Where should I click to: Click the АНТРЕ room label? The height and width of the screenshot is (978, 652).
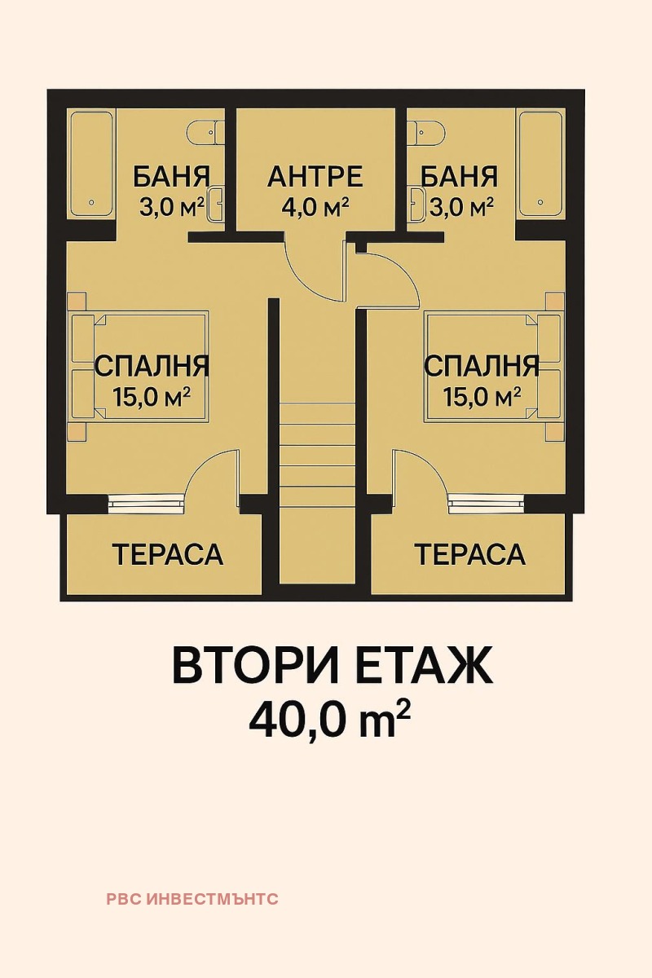[x=315, y=175]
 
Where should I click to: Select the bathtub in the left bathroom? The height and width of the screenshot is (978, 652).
[x=92, y=163]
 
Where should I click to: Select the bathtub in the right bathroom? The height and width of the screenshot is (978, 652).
[x=541, y=163]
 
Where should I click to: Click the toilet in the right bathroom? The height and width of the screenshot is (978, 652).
[x=427, y=130]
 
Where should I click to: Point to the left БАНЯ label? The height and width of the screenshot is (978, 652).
[x=171, y=176]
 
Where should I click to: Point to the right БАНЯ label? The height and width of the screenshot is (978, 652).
[x=460, y=176]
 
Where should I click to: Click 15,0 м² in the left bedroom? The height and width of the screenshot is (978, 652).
[x=152, y=397]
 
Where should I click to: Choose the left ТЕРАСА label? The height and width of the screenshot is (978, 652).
[x=168, y=554]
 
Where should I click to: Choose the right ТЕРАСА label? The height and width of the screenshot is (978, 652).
[x=470, y=554]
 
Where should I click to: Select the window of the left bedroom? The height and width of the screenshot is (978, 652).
[x=146, y=503]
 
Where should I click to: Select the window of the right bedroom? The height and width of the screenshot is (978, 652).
[x=486, y=503]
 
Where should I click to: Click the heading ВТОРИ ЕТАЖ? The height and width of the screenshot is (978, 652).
[x=332, y=667]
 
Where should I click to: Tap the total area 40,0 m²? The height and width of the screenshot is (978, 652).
[x=328, y=719]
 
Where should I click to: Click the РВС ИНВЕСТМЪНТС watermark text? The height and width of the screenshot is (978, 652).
[x=192, y=900]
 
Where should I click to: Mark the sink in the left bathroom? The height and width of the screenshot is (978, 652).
[x=217, y=204]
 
